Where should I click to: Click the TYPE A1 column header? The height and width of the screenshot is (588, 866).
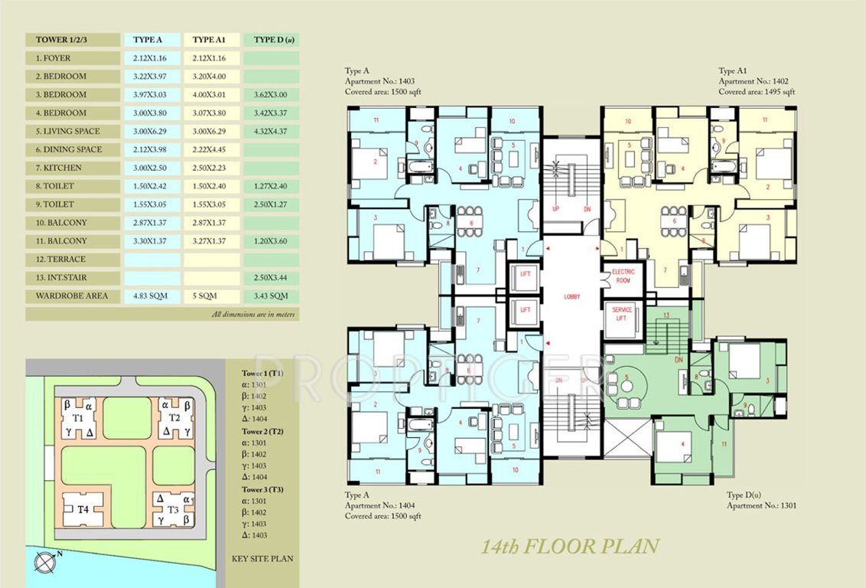tap(210, 40)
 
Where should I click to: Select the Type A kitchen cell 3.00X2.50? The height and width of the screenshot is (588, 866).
tap(153, 168)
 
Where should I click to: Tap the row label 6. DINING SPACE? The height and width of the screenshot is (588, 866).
tap(69, 149)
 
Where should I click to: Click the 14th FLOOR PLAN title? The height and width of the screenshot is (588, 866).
tap(569, 547)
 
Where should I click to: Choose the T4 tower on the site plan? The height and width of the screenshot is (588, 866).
tap(82, 508)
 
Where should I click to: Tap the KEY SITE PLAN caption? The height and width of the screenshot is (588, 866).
tap(262, 559)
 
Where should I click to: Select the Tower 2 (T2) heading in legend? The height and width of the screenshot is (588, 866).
tap(262, 431)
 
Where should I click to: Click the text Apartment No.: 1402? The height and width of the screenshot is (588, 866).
tap(754, 81)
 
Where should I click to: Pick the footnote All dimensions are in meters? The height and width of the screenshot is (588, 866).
tap(254, 315)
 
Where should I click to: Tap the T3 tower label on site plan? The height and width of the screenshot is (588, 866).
tap(173, 510)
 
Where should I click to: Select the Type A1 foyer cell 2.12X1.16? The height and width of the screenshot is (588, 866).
tap(210, 58)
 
